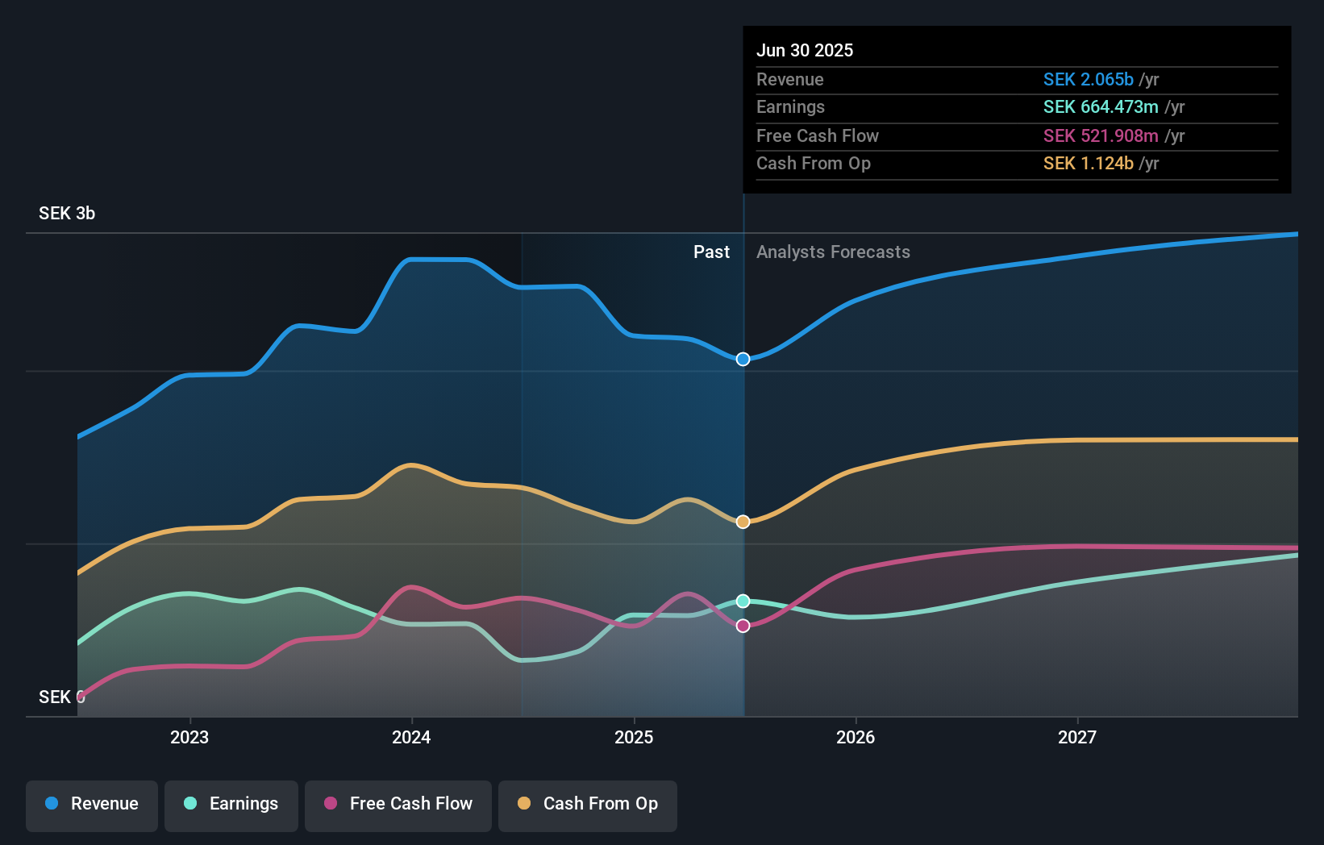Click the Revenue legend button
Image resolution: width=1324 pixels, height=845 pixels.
92,804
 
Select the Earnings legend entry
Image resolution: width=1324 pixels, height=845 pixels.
231,804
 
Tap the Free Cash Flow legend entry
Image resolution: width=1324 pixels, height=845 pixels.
398,804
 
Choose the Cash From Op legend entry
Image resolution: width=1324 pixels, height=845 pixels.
588,804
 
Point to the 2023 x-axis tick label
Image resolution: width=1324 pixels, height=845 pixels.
189,737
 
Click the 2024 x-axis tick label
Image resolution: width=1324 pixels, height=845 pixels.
411,737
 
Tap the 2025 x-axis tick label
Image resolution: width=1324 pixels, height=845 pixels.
634,737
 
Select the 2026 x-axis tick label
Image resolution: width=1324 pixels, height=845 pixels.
856,737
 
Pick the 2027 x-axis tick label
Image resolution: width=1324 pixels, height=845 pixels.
1077,737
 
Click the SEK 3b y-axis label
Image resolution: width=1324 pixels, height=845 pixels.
67,214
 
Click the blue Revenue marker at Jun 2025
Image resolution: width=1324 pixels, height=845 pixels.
743,359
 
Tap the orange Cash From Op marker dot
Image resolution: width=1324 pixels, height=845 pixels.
743,522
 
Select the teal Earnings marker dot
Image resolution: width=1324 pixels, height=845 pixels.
743,601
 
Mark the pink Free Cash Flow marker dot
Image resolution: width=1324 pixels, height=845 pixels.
743,626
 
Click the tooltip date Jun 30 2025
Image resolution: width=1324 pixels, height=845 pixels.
804,50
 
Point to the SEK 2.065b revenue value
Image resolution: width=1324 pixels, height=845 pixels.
1089,79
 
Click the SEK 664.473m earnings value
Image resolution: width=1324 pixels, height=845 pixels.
1101,107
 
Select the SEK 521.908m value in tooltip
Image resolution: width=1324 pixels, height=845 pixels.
1101,135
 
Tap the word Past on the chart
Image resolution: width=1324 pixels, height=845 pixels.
711,252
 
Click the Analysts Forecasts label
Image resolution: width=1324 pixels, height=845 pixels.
833,252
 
